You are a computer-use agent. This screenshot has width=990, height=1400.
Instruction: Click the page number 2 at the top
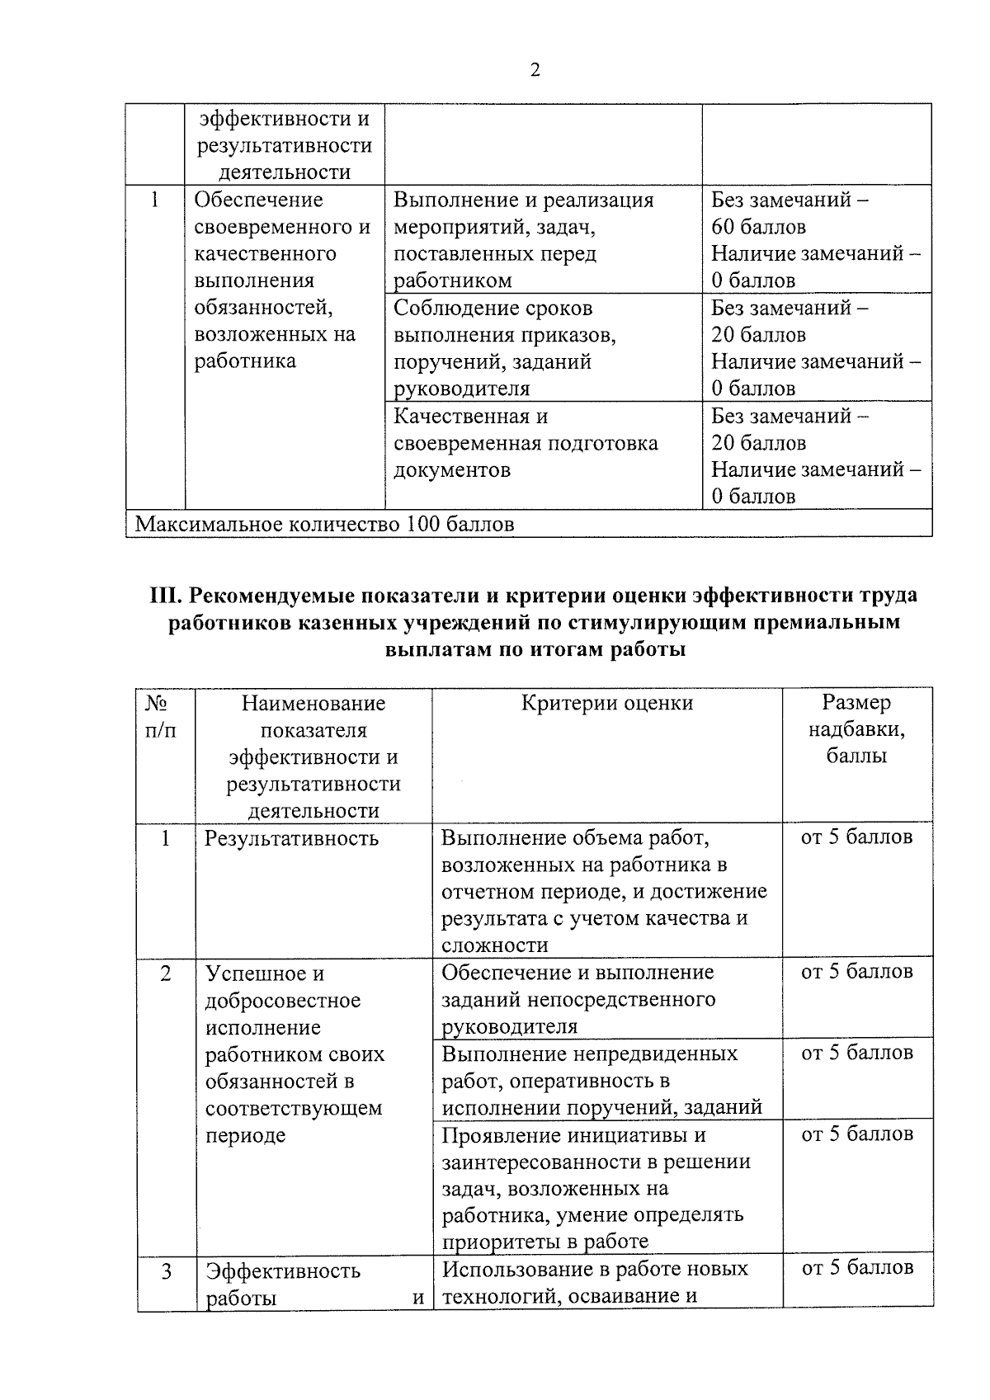click(535, 71)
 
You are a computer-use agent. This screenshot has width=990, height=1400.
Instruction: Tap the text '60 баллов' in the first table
click(758, 227)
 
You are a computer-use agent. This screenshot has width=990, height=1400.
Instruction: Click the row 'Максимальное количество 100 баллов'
click(324, 524)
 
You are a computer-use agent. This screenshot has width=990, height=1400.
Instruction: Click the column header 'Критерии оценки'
click(607, 703)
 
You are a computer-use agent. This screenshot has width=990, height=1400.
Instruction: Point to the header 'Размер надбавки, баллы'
click(856, 729)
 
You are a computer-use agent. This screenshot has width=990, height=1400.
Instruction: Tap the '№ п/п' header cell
click(160, 716)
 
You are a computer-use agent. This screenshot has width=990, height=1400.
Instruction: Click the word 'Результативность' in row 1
click(292, 838)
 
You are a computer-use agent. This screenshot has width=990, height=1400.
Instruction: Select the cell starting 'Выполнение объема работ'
click(603, 891)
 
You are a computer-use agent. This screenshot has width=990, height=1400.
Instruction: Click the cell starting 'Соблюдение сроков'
click(505, 347)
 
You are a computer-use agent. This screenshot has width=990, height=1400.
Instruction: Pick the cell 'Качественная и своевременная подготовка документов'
click(526, 443)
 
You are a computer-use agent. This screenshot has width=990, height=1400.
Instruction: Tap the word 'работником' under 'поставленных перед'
click(452, 280)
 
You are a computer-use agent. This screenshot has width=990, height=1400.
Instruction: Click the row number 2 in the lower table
click(166, 973)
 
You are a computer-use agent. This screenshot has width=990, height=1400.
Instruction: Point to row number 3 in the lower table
click(166, 1271)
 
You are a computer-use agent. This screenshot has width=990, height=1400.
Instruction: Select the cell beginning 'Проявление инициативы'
click(596, 1188)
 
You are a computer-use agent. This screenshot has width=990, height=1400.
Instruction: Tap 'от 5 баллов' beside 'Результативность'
click(856, 837)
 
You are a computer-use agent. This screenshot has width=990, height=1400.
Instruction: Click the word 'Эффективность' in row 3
click(283, 1270)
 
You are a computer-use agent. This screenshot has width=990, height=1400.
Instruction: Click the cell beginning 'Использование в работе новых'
click(595, 1282)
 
